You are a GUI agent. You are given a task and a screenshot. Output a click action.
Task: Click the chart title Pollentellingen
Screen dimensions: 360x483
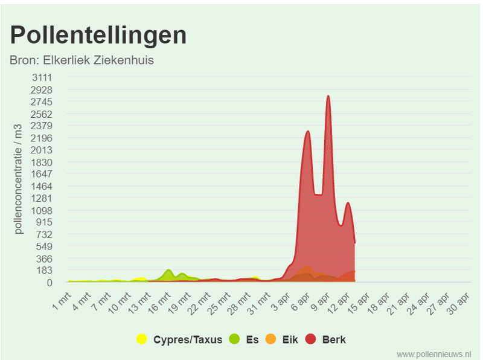click(98, 35)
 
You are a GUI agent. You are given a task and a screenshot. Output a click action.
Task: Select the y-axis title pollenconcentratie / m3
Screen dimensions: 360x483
click(19, 179)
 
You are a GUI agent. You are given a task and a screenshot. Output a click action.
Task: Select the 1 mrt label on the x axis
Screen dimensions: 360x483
click(62, 298)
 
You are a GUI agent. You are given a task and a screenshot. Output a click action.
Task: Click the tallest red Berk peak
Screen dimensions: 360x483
click(328, 96)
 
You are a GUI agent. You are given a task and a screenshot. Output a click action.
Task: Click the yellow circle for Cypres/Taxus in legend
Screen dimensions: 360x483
click(142, 339)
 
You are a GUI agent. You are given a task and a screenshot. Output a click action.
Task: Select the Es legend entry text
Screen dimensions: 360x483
click(252, 339)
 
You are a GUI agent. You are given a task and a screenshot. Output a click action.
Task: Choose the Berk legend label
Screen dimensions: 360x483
click(334, 339)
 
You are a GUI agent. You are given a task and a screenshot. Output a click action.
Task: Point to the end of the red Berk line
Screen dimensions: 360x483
click(354, 243)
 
